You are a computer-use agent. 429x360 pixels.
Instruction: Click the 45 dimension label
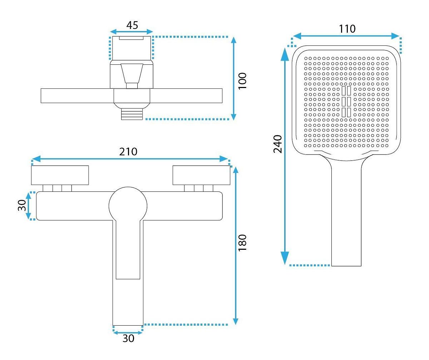132,25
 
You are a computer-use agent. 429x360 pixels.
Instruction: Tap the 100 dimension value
242,81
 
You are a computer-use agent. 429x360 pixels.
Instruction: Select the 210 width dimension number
128,152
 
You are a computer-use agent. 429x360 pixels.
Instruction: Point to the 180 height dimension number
242,243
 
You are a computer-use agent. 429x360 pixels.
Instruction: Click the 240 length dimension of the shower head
277,144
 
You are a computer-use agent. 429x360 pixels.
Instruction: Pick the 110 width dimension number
347,29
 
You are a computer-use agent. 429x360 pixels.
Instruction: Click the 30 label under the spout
128,339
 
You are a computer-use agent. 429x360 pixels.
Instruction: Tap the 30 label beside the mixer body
22,205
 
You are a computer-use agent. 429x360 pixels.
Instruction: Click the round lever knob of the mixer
128,206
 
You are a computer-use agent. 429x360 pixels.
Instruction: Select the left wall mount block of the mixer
60,175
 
